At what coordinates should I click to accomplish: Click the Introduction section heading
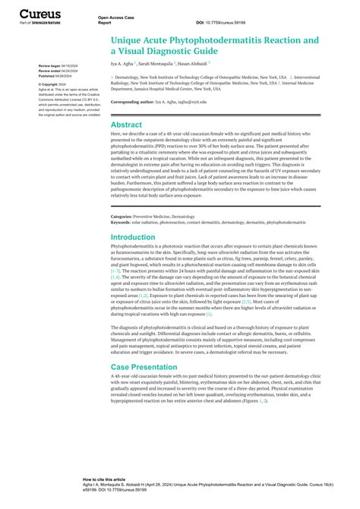(x=133, y=238)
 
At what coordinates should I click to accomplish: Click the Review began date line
(x=58, y=67)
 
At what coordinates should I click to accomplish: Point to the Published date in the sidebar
(x=57, y=77)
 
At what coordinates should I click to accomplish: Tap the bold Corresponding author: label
(x=135, y=101)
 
